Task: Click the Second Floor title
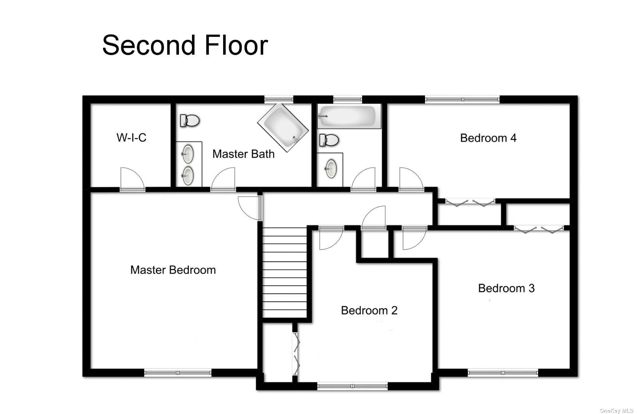[x=185, y=45]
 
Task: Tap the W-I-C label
[x=131, y=137]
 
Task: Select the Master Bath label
[x=243, y=154]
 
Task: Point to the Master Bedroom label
[x=173, y=270]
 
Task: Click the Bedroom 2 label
[x=369, y=310]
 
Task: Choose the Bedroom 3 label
[x=506, y=288]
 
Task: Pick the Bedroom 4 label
[x=488, y=138]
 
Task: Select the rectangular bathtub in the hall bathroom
[x=349, y=116]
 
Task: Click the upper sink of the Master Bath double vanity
[x=188, y=155]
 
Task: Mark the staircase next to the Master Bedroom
[x=284, y=273]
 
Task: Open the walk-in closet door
[x=132, y=178]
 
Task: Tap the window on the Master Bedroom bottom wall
[x=177, y=373]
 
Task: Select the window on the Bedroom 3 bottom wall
[x=502, y=373]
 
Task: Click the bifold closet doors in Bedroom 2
[x=296, y=353]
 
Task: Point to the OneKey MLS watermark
[x=616, y=411]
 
